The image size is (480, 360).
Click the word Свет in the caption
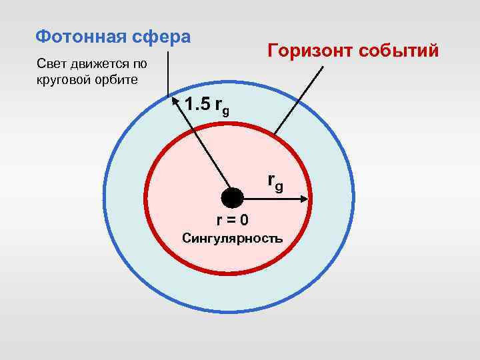click(x=49, y=65)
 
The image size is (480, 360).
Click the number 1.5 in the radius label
click(x=199, y=105)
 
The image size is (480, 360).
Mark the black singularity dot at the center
click(x=232, y=198)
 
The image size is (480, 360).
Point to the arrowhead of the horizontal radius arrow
click(x=304, y=198)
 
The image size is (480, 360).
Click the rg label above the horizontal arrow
click(x=275, y=181)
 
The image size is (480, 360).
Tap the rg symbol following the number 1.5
click(x=223, y=107)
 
